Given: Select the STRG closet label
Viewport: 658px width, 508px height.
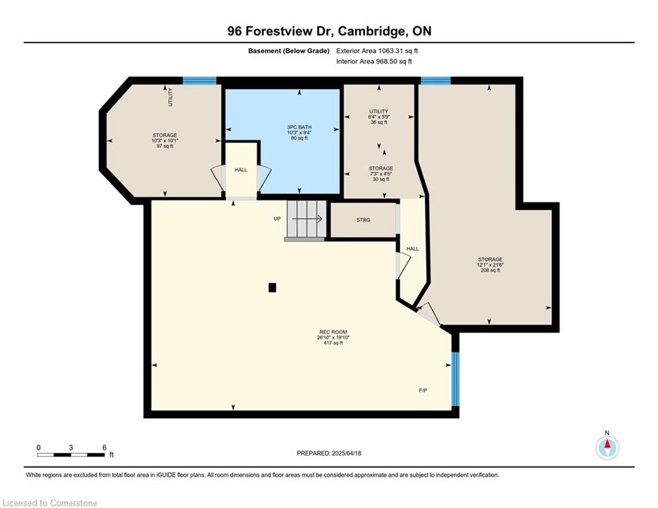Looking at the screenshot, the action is pyautogui.click(x=364, y=220).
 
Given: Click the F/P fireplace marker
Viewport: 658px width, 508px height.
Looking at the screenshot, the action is pyautogui.click(x=423, y=390).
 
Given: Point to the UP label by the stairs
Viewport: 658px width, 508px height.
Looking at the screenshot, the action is pyautogui.click(x=277, y=219).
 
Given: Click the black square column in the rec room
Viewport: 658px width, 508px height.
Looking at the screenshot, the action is pyautogui.click(x=272, y=288).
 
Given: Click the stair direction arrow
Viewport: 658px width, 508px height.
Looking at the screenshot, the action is pyautogui.click(x=307, y=219).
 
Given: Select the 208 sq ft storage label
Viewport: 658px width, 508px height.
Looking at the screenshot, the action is pyautogui.click(x=490, y=265).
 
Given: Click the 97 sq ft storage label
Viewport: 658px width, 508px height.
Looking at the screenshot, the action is pyautogui.click(x=165, y=141).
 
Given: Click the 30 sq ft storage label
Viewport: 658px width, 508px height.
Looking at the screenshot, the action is pyautogui.click(x=381, y=174).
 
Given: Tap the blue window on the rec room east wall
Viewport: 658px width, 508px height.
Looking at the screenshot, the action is pyautogui.click(x=456, y=379).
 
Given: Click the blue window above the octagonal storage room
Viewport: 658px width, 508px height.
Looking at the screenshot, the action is pyautogui.click(x=199, y=81).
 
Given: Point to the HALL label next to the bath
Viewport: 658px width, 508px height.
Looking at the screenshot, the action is pyautogui.click(x=241, y=170).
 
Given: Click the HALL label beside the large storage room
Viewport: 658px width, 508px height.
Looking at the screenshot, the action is pyautogui.click(x=413, y=249).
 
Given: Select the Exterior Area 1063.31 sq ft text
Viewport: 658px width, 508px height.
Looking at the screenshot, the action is pyautogui.click(x=377, y=51).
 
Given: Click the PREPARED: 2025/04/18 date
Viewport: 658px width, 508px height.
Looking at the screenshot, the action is pyautogui.click(x=329, y=453).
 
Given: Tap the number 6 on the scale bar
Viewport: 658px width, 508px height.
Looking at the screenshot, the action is pyautogui.click(x=104, y=448).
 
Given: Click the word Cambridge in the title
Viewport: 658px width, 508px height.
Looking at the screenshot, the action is pyautogui.click(x=372, y=32).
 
